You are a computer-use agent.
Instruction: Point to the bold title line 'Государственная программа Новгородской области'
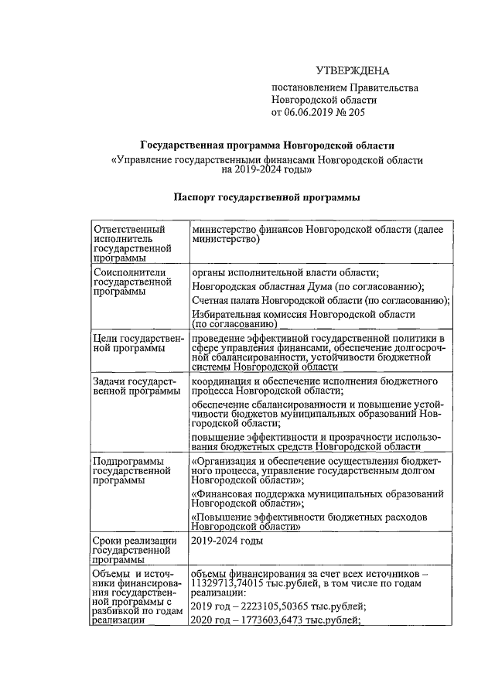click(x=267, y=145)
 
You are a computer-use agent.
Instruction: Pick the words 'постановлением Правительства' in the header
click(x=333, y=87)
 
